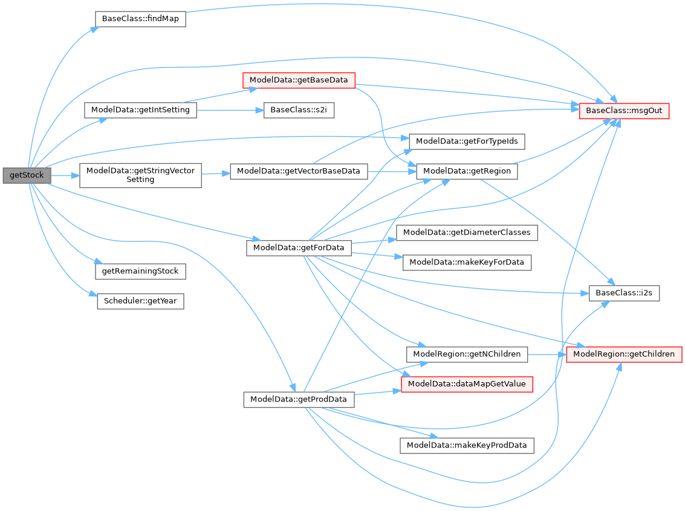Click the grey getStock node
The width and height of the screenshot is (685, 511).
point(27,175)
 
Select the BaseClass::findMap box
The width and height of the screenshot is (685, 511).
point(140,19)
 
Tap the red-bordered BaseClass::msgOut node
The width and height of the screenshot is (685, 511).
point(624,111)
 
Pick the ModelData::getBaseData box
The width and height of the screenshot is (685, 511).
point(298,80)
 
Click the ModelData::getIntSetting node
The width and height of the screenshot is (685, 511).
point(140,110)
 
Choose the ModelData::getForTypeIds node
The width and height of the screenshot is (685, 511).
point(467,142)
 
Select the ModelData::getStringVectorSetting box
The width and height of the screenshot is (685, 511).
point(140,175)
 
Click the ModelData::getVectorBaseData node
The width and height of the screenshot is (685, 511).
point(299,171)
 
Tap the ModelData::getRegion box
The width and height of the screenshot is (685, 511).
point(467,171)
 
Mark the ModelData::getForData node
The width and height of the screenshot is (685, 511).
point(299,247)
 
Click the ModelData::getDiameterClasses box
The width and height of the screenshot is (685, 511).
point(467,232)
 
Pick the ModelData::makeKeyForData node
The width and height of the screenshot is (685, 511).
point(467,262)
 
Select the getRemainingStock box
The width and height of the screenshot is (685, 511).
point(140,271)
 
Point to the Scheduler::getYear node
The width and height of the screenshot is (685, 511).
point(140,301)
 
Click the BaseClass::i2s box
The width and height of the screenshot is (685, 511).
point(624,293)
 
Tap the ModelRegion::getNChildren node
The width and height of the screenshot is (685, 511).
point(467,354)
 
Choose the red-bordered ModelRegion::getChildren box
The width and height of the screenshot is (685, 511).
point(624,354)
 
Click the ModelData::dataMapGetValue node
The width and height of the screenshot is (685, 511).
point(467,384)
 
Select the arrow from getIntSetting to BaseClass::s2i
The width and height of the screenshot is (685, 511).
point(230,111)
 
